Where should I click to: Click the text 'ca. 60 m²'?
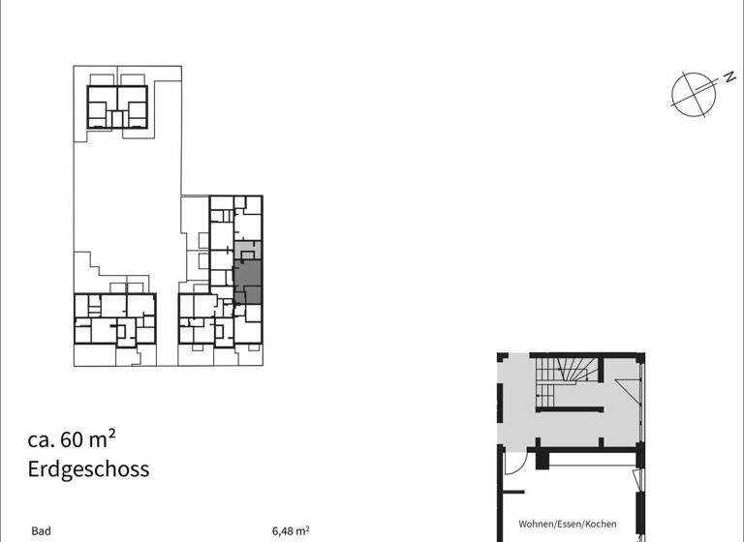[x=78, y=439]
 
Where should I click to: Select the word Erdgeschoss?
[x=88, y=470]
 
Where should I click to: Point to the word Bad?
[x=41, y=530]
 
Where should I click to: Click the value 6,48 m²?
[x=291, y=530]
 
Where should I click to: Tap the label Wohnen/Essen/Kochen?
[x=567, y=524]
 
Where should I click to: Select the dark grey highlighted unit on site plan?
[x=248, y=281]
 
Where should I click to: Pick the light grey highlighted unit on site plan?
[x=248, y=250]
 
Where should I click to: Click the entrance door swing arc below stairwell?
[x=514, y=464]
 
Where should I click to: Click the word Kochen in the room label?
[x=600, y=524]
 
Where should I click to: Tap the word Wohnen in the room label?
[x=536, y=524]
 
